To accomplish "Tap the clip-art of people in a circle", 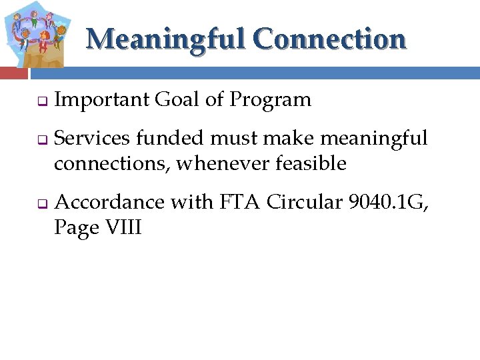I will (36, 33).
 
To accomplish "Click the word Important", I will (101, 100).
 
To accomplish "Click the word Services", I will (94, 138).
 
